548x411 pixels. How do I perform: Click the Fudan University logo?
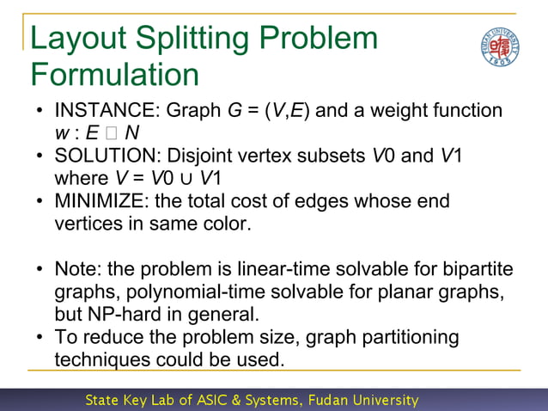click(500, 48)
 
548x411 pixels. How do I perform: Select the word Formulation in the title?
click(114, 74)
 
